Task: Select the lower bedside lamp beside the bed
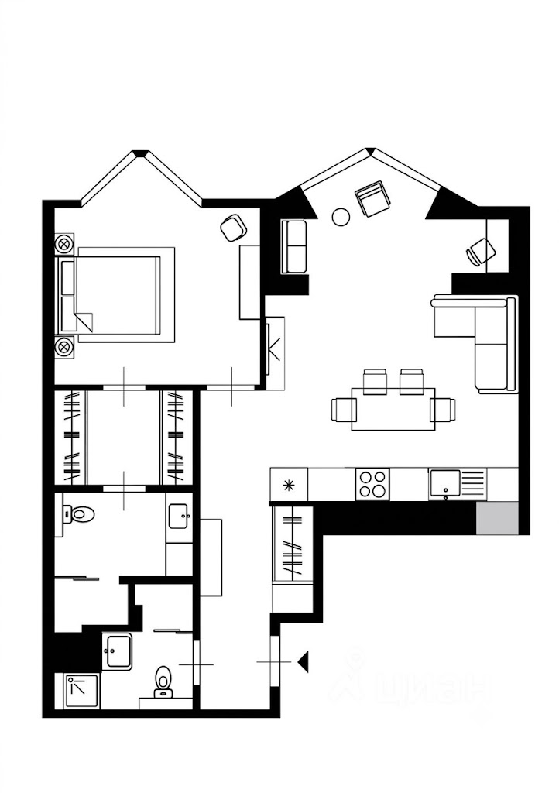64,346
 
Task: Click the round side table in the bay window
341,217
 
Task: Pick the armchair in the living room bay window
373,198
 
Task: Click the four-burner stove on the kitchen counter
372,484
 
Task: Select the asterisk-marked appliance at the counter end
289,485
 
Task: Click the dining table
393,409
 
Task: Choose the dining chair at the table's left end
344,410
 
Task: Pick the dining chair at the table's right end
444,410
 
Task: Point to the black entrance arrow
303,662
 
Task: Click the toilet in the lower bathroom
163,680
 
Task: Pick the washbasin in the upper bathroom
180,517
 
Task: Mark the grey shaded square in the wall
497,518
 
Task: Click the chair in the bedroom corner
234,228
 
